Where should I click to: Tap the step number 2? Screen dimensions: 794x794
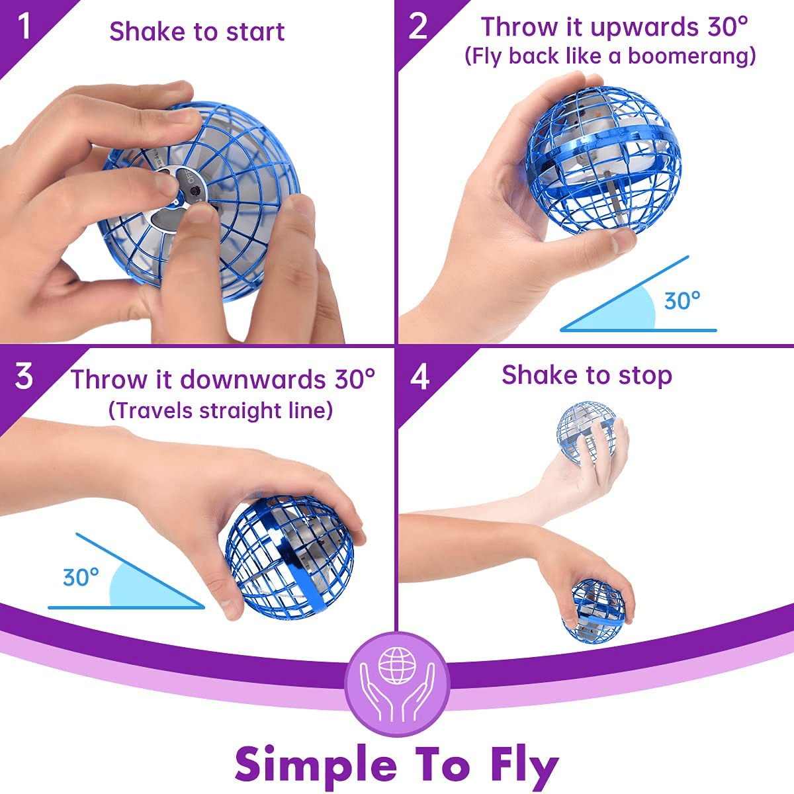point(418,27)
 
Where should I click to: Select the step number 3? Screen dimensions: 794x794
point(24,376)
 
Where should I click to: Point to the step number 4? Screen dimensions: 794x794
point(419,376)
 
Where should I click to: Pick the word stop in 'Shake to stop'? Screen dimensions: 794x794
point(645,376)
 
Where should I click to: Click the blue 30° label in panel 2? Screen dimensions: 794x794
point(682,301)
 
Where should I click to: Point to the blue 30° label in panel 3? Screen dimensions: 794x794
point(81,577)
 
